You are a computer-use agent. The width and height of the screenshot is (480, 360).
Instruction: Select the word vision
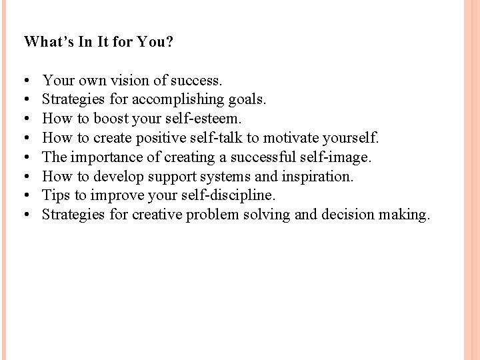click(x=125, y=81)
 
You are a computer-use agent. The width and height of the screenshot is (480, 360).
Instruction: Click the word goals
click(x=246, y=100)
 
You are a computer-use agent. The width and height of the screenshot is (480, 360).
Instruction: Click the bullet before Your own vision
click(x=25, y=81)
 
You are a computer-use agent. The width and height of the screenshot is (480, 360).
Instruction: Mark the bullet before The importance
click(x=25, y=157)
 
